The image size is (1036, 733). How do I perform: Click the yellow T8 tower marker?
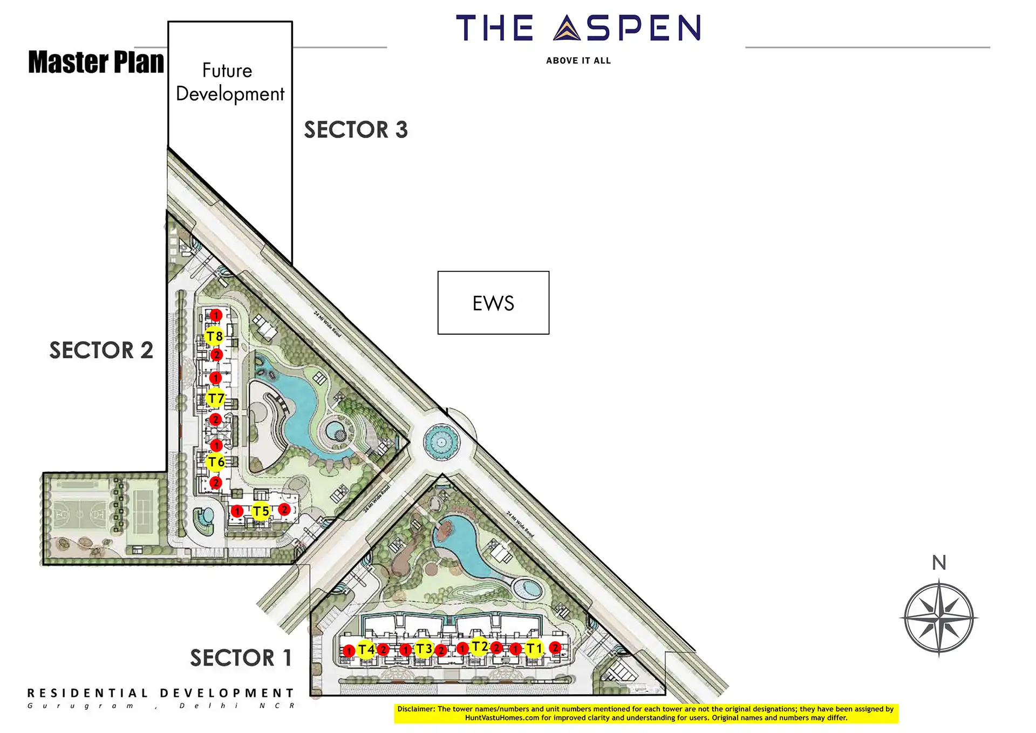pos(214,336)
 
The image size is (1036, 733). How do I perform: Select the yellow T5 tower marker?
pos(261,511)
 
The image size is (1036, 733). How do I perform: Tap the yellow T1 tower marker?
pos(534,648)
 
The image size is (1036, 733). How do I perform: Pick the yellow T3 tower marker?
pos(424,648)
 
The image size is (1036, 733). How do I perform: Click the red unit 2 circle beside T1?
pos(555,648)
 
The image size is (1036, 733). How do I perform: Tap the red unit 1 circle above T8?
pos(216,315)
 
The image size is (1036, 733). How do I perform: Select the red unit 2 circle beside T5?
pos(284,510)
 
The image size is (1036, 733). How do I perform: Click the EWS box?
pos(493,303)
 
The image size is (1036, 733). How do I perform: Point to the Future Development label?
pos(230,82)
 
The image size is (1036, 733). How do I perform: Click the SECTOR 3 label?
pos(356,130)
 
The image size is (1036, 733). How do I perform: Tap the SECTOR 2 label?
pos(101,350)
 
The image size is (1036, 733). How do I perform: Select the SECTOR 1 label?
pos(241,658)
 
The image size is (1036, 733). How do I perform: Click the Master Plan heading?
pos(96,62)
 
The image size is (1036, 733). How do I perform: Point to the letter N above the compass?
pos(939,563)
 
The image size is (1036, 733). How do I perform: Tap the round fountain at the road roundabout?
pos(441,443)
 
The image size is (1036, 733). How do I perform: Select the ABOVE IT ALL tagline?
pos(578,61)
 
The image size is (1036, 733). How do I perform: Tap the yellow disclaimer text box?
pos(646,713)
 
